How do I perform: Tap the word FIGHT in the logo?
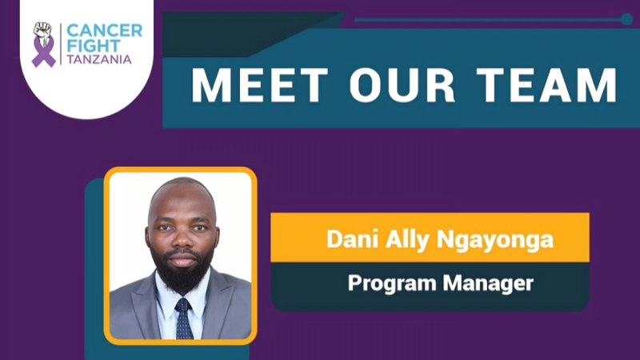[93, 46]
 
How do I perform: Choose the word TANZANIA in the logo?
[98, 60]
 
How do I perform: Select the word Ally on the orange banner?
[398, 239]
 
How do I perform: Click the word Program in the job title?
[386, 282]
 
